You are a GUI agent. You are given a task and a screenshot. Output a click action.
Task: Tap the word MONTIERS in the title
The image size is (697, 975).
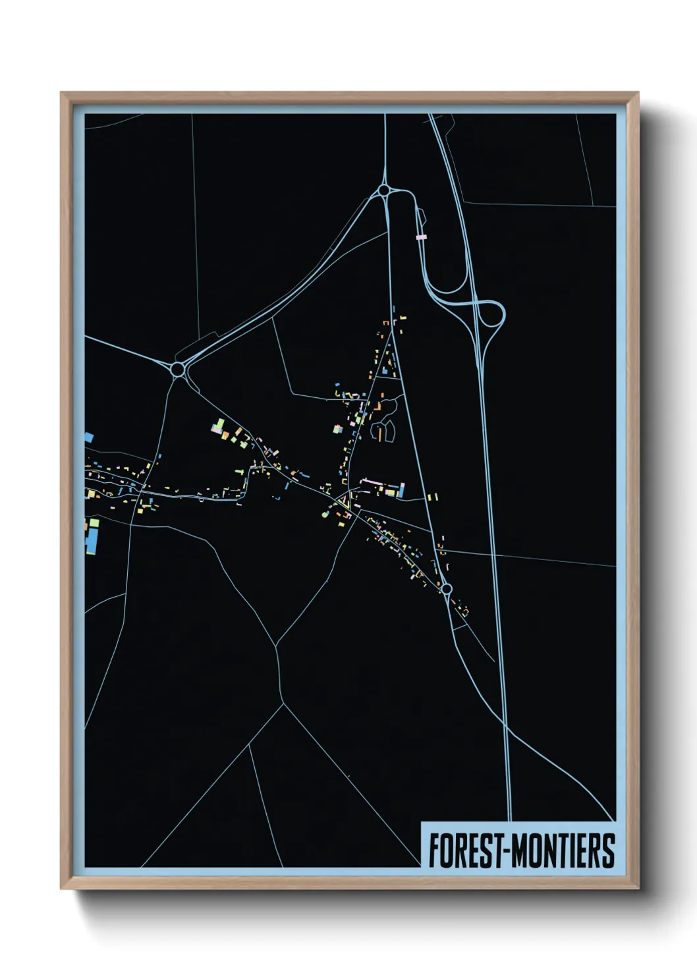pos(563,850)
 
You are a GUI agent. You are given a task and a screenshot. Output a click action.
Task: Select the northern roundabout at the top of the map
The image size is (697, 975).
pos(383,190)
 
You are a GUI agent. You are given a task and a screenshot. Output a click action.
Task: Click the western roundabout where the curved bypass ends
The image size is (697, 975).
pos(177,369)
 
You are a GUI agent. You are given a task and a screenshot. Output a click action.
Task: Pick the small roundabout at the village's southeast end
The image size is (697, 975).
pos(446,588)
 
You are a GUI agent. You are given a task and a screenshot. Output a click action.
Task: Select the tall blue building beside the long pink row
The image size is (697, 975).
pos(401,489)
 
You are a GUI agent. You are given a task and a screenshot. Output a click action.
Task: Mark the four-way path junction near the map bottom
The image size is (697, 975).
pos(283,705)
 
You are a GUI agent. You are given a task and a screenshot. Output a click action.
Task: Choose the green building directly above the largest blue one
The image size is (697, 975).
pos(94,523)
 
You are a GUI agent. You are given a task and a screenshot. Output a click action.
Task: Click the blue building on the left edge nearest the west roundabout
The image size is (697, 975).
pos(88,436)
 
